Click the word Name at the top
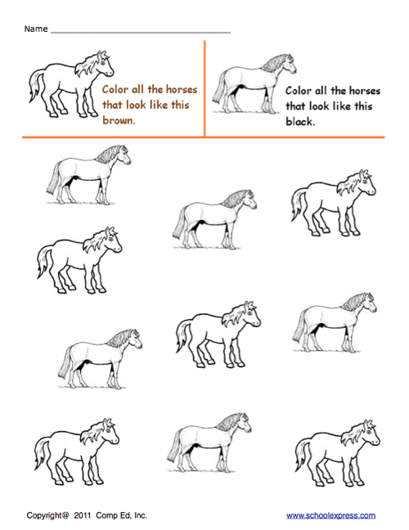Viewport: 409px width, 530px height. tap(35, 29)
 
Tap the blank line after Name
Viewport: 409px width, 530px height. tap(140, 31)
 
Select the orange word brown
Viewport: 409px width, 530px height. tap(119, 120)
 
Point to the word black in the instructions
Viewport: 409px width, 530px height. tap(302, 121)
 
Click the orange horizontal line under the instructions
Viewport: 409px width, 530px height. tap(204, 137)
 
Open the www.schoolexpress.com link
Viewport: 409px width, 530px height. tap(330, 515)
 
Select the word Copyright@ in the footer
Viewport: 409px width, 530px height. tap(49, 515)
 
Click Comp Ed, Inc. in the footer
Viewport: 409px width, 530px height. tap(125, 515)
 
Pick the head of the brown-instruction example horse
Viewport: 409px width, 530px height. tap(100, 62)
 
